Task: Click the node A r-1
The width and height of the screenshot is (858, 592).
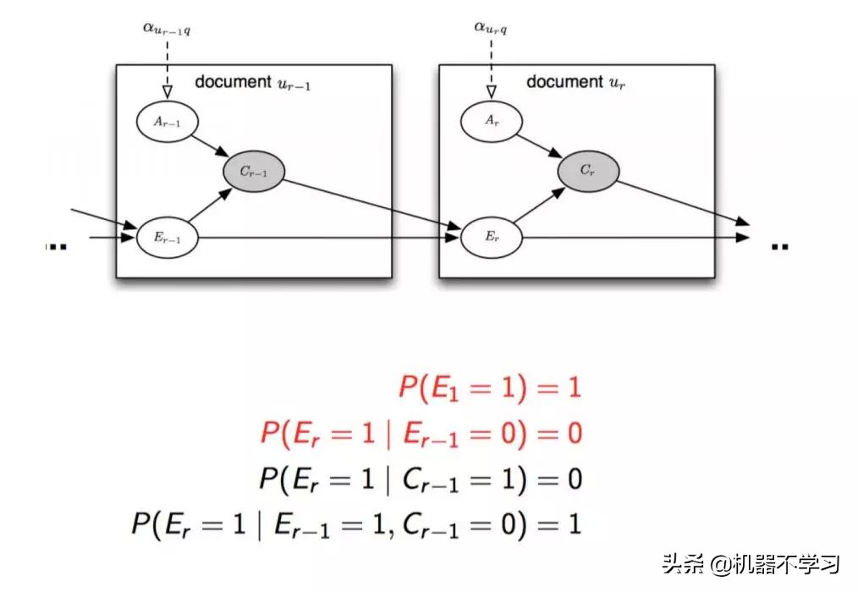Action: pyautogui.click(x=167, y=122)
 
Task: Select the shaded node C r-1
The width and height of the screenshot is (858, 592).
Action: pyautogui.click(x=253, y=172)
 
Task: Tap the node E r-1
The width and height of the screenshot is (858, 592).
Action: pyautogui.click(x=167, y=238)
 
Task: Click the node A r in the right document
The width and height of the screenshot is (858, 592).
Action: pyautogui.click(x=491, y=122)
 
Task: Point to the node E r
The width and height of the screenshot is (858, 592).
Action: pyautogui.click(x=491, y=238)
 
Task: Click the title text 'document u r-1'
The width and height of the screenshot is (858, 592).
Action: pyautogui.click(x=252, y=83)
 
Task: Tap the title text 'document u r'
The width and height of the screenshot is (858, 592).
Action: pyautogui.click(x=575, y=83)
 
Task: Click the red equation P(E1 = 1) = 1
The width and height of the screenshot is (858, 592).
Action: pyautogui.click(x=490, y=388)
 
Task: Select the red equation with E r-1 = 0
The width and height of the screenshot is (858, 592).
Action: pyautogui.click(x=421, y=434)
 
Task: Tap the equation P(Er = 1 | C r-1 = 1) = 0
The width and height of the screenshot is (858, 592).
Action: pyautogui.click(x=421, y=479)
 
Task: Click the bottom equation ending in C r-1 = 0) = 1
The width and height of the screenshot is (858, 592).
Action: pyautogui.click(x=356, y=524)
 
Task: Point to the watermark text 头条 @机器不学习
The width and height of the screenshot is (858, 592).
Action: pyautogui.click(x=751, y=563)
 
